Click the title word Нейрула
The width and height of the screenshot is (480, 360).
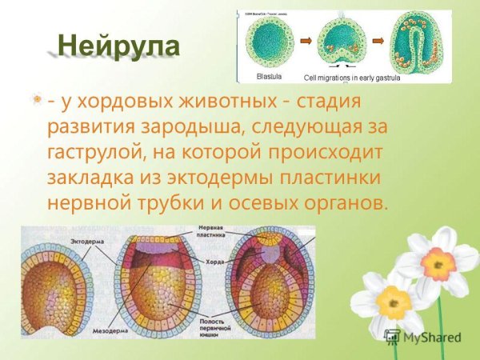[x=119, y=45]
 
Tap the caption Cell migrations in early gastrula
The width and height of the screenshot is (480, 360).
[x=352, y=78]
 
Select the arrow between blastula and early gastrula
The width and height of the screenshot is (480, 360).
[x=306, y=38]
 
